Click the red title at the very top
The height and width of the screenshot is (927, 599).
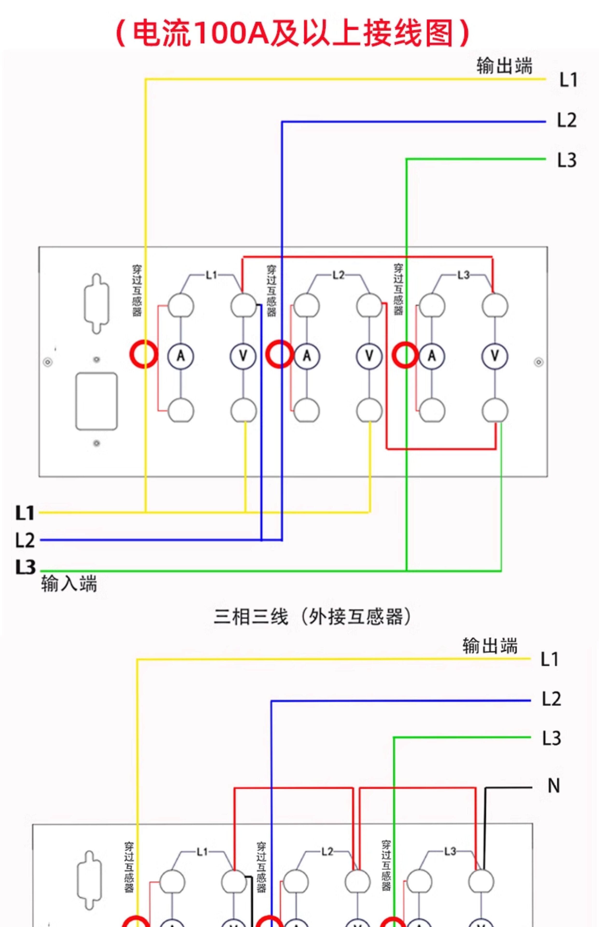tap(294, 33)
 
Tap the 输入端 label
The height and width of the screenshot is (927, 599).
tap(69, 584)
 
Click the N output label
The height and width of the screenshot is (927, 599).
tap(554, 786)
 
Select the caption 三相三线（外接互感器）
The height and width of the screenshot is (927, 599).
tap(312, 617)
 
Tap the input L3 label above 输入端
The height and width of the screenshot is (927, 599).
tap(25, 567)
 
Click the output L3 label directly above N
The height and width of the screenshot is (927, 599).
tap(552, 738)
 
